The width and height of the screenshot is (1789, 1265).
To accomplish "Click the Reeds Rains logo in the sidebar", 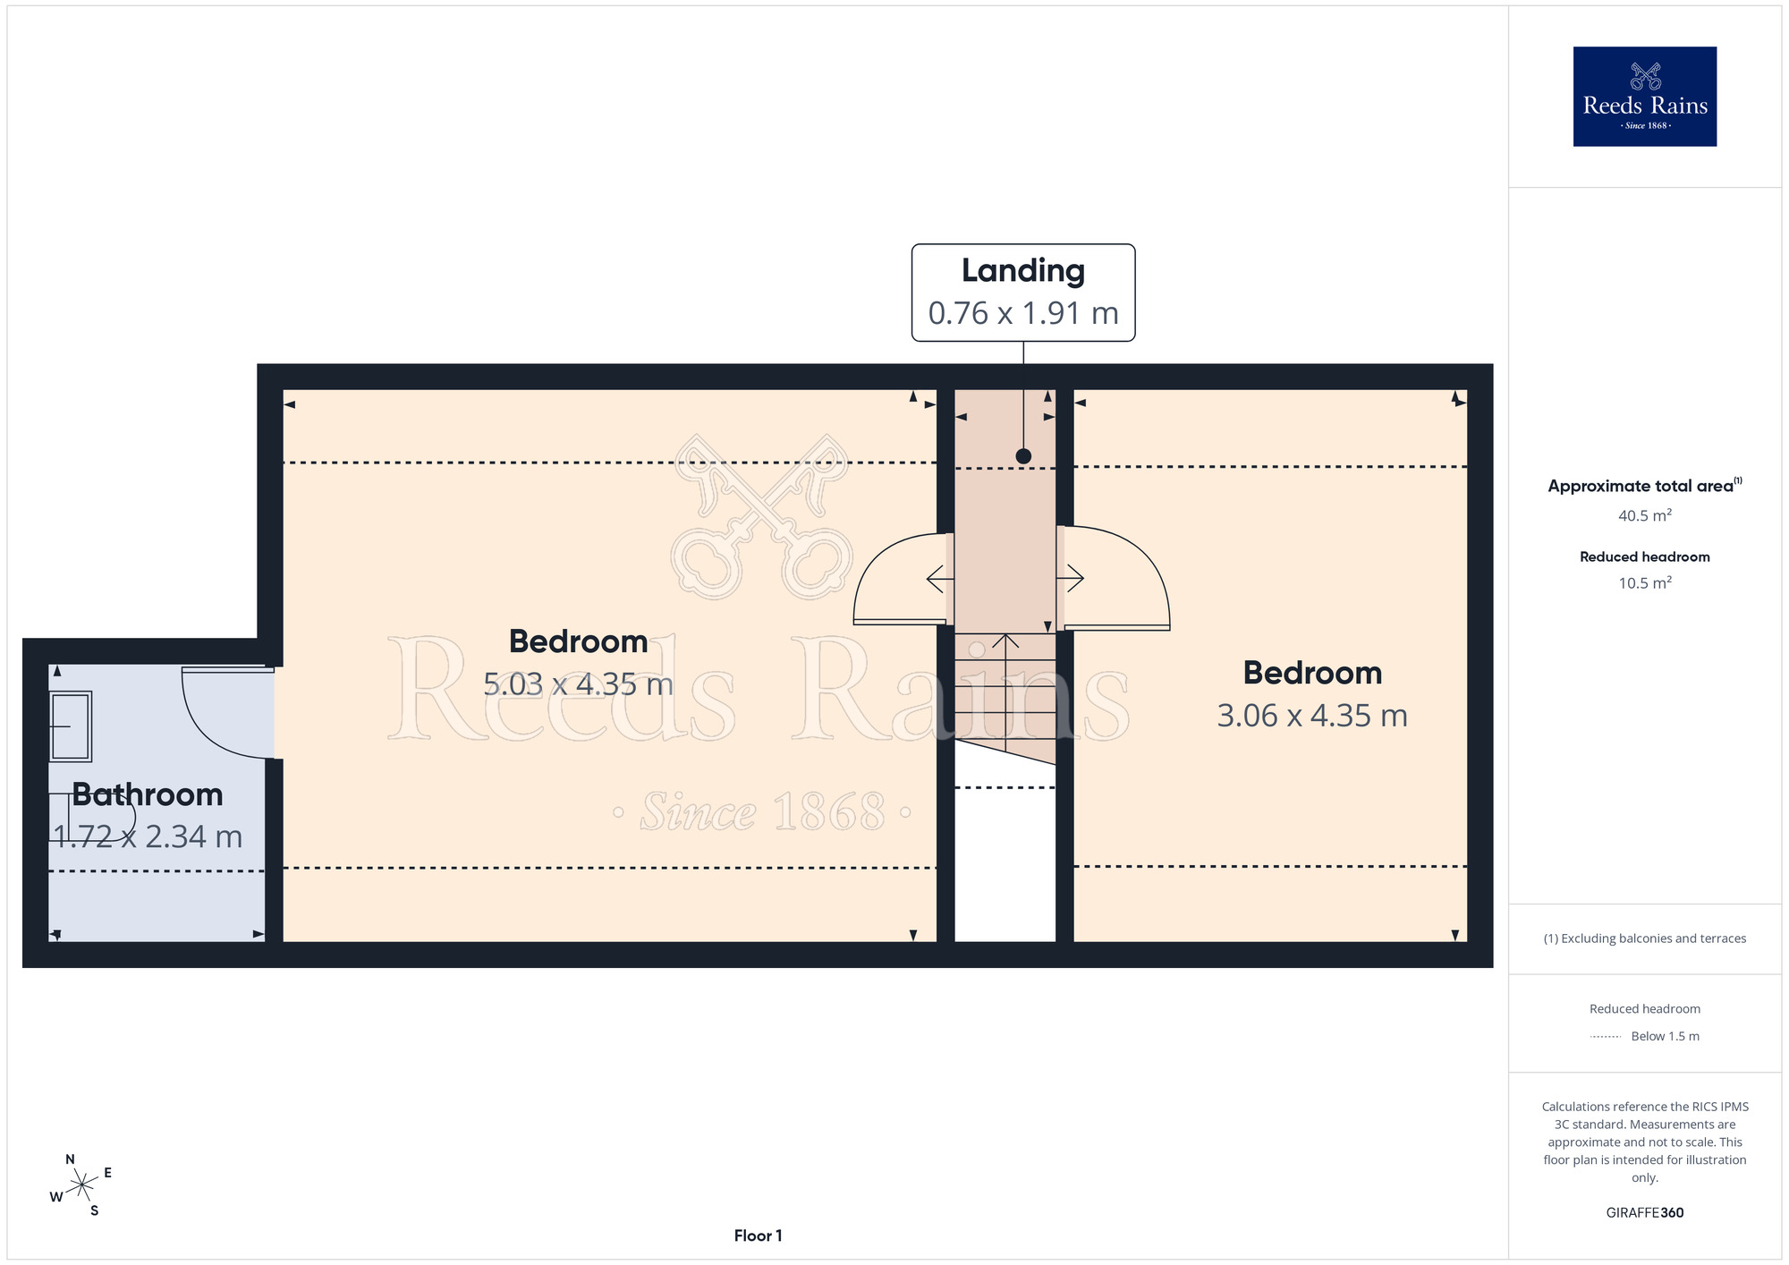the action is tap(1645, 97).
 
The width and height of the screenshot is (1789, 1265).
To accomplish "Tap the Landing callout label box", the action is tap(1023, 293).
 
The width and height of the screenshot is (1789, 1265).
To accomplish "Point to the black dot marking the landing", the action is tap(1023, 456).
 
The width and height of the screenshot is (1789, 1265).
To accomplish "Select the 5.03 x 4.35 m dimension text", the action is tap(578, 684).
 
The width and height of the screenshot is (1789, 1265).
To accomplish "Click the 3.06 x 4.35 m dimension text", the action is tap(1312, 716).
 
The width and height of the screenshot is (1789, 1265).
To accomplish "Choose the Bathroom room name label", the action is tap(148, 794).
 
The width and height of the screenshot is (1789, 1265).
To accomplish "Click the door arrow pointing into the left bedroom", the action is tap(940, 580).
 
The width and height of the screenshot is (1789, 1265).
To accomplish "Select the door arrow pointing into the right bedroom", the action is tap(1071, 579).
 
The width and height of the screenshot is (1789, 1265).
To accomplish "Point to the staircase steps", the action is tap(1005, 695).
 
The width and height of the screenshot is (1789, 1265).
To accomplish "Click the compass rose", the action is tap(81, 1185).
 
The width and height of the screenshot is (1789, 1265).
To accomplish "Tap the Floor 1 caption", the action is tap(758, 1235).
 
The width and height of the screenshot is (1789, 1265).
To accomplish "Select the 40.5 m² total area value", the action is tap(1645, 515).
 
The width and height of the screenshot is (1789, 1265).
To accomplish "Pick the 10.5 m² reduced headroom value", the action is tap(1645, 582).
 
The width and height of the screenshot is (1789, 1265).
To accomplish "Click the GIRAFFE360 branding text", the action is tap(1645, 1213).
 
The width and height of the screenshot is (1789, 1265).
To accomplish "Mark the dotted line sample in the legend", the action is tap(1606, 1037).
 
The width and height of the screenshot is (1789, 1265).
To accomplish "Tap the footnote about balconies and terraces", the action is tap(1645, 938).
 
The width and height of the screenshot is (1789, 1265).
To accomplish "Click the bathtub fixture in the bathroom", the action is tap(70, 726).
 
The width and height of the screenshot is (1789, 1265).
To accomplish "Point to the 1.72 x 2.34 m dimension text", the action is tap(148, 836).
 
